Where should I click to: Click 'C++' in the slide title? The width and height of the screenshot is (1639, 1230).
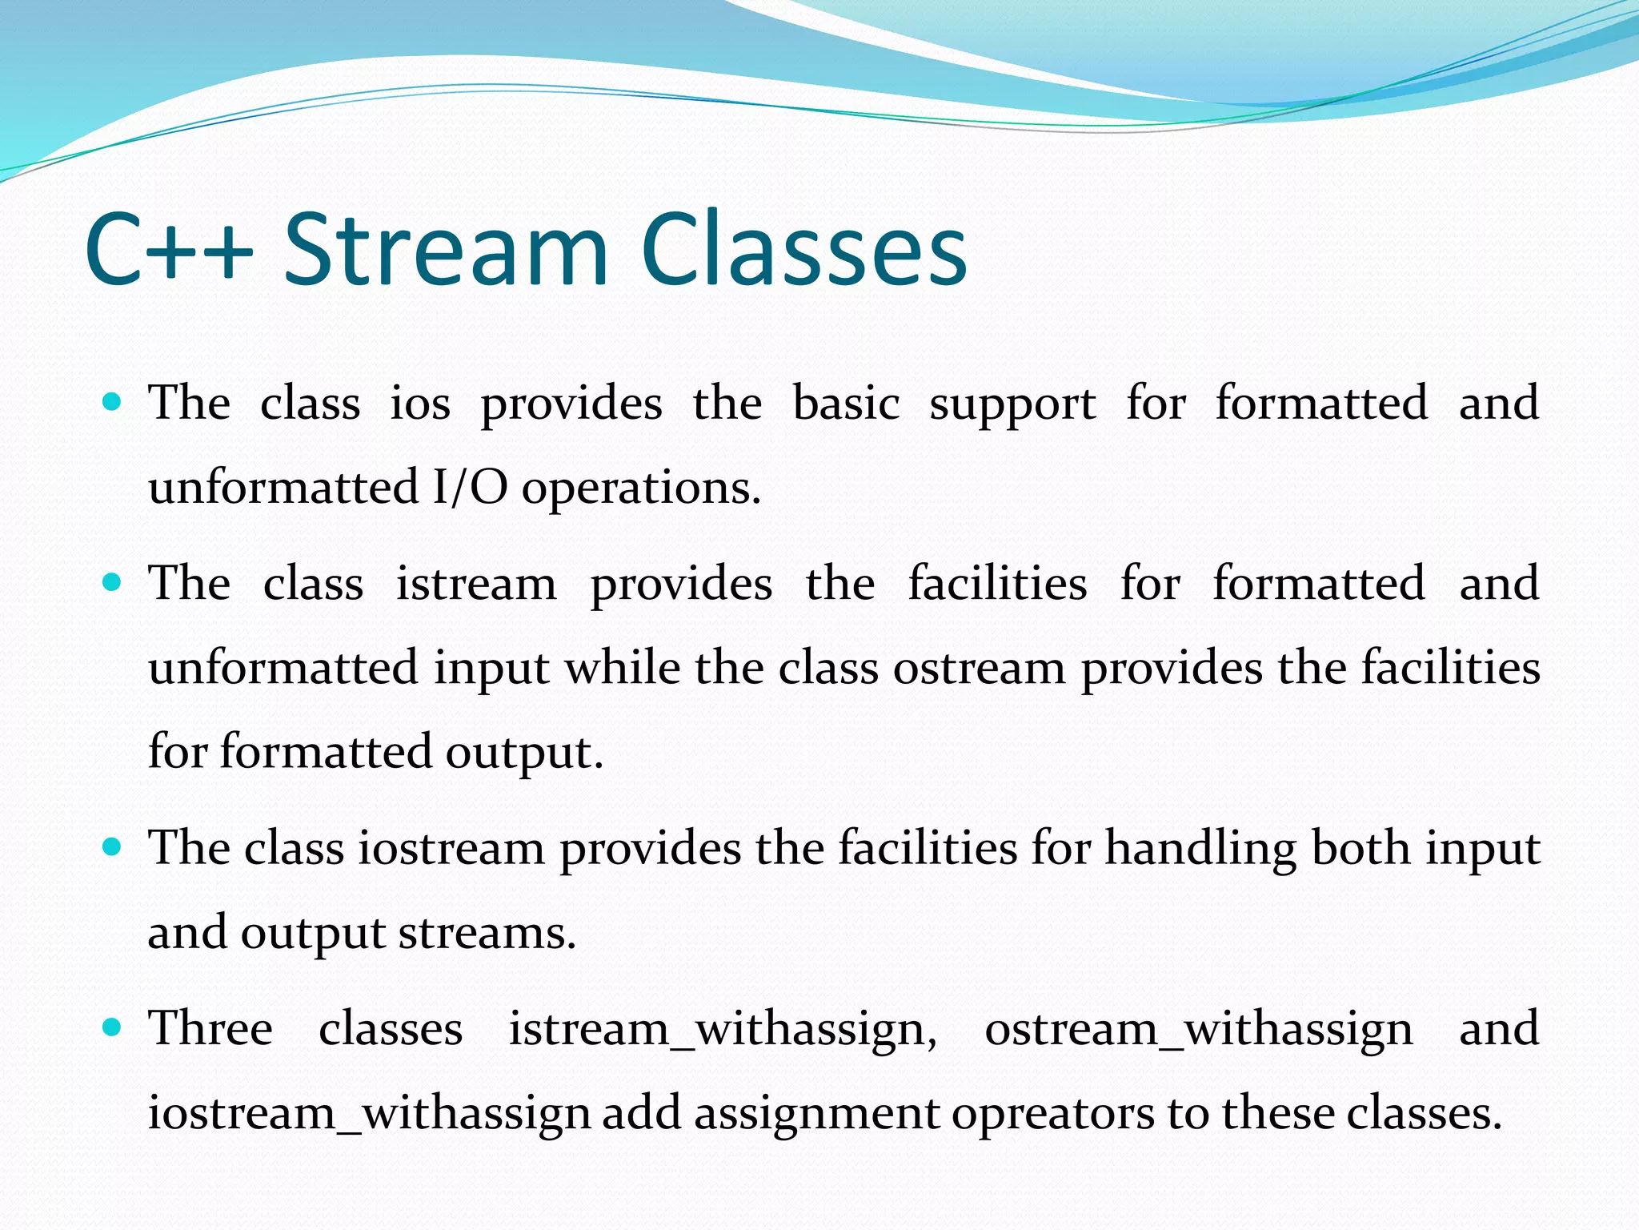point(168,250)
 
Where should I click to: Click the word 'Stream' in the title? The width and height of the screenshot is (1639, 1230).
point(446,250)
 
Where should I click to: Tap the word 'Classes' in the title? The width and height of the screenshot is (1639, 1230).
point(803,250)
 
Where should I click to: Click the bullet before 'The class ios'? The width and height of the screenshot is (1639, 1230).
point(112,401)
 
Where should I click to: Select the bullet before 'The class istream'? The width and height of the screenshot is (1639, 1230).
point(112,582)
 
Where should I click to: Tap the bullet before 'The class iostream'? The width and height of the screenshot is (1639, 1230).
point(112,847)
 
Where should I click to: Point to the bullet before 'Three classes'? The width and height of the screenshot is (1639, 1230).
point(112,1027)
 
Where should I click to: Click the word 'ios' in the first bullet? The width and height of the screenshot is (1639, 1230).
point(420,403)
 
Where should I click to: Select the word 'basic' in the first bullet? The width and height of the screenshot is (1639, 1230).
point(846,403)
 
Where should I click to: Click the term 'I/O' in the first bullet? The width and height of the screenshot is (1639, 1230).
point(470,487)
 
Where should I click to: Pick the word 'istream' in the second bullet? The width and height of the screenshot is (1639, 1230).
point(476,584)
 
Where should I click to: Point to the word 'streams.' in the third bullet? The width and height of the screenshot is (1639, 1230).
point(487,934)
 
